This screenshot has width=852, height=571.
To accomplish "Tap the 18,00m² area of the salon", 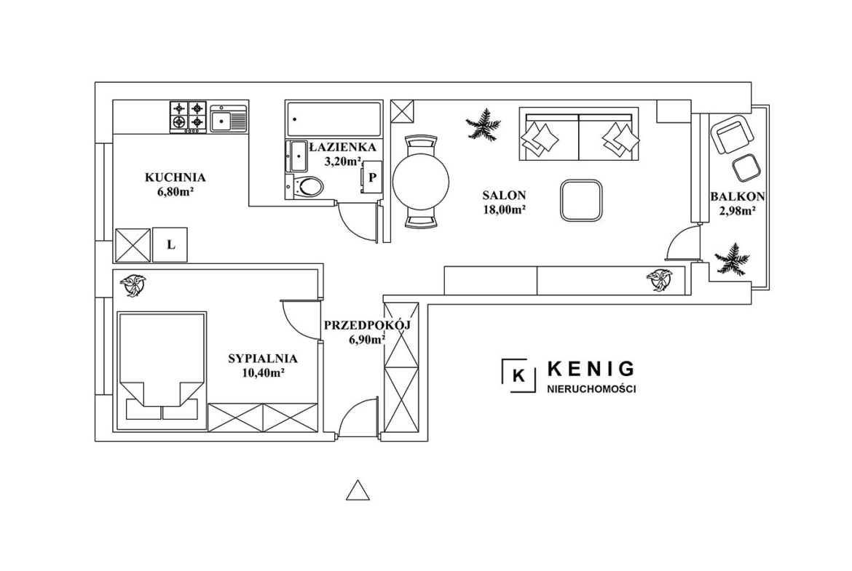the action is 504,210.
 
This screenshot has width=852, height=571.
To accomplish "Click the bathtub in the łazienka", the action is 333,119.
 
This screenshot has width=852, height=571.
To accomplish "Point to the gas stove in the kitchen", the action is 188,116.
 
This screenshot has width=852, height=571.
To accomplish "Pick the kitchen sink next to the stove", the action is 228,119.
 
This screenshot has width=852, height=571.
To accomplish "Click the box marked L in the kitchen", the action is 170,245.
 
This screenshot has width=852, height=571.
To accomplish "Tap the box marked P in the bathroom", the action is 371,177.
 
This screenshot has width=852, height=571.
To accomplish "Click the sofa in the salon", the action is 579,134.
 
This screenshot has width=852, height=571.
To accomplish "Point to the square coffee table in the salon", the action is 581,200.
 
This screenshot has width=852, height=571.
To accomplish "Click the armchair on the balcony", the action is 733,134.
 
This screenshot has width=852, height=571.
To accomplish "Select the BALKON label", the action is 738,196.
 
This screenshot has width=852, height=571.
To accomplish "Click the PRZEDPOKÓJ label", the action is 367,325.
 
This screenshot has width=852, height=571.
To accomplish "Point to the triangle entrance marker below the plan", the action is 358,491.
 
